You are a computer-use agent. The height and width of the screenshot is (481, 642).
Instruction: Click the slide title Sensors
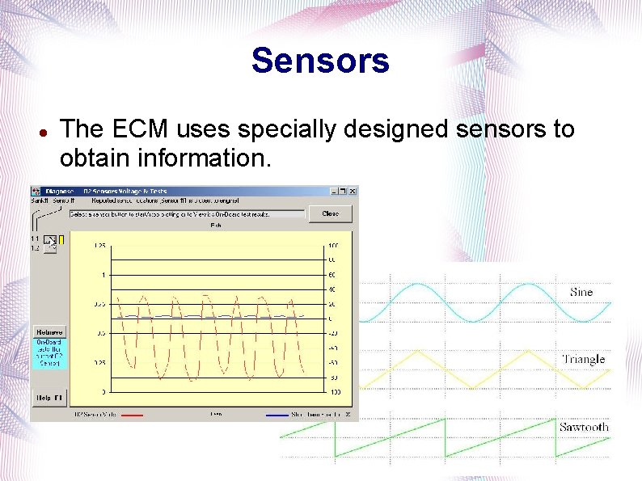[x=320, y=61]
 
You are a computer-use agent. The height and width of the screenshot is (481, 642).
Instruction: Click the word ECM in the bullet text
[x=139, y=129]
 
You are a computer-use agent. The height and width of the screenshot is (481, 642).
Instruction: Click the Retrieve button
[x=49, y=331]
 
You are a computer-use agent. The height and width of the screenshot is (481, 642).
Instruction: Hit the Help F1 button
[x=49, y=398]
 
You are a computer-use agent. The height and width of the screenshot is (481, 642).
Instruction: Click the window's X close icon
[x=350, y=192]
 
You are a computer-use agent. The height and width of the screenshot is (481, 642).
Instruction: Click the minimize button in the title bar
[x=332, y=192]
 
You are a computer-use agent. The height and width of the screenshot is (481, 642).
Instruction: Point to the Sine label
[x=581, y=292]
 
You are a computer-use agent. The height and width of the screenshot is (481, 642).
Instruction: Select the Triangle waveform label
[x=583, y=359]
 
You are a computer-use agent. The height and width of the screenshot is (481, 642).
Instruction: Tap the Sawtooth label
[x=583, y=427]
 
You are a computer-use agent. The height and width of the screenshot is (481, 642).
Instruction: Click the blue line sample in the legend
[x=277, y=415]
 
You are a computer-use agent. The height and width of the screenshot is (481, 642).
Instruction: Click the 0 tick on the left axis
[x=102, y=392]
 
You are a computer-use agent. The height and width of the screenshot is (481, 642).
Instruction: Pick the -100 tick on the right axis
[x=333, y=392]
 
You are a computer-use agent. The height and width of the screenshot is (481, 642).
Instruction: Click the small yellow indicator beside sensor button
[x=61, y=240]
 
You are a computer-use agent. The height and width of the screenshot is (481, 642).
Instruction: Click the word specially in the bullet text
[x=279, y=129]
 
